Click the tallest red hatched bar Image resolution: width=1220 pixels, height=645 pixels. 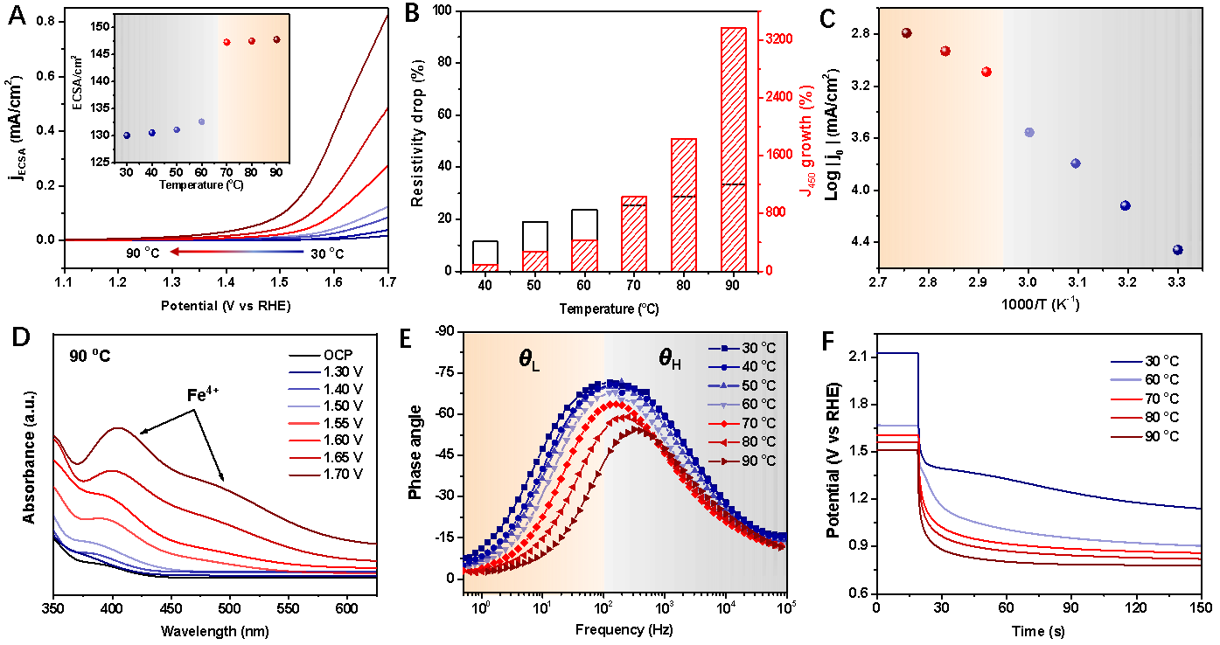point(733,149)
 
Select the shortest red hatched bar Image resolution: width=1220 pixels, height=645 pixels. point(485,267)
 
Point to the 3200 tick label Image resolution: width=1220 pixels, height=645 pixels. point(778,39)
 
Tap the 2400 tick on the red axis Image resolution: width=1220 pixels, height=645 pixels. point(778,97)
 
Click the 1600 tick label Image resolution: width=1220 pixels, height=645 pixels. point(778,155)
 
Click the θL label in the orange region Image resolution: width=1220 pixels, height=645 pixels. point(530,358)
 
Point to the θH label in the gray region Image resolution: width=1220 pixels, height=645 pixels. point(669,358)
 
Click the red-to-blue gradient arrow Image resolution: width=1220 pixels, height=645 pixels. point(236,252)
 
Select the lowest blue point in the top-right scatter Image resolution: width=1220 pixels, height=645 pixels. point(1177,250)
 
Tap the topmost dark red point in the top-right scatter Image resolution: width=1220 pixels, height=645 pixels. point(907,33)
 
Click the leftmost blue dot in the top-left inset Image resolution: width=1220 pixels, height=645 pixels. point(127,135)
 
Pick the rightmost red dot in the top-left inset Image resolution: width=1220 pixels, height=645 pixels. point(276,39)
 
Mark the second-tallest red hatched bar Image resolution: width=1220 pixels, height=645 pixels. point(684,205)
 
